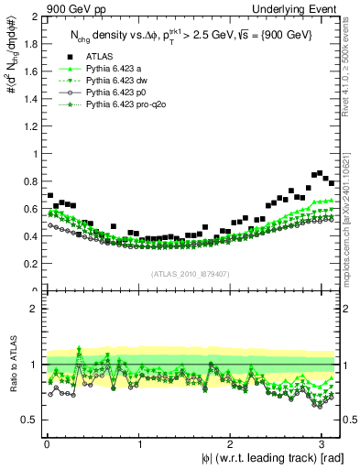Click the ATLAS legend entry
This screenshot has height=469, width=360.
click(99, 57)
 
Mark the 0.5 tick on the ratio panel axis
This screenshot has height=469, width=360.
click(27, 420)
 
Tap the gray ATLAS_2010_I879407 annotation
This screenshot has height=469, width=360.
click(191, 272)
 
